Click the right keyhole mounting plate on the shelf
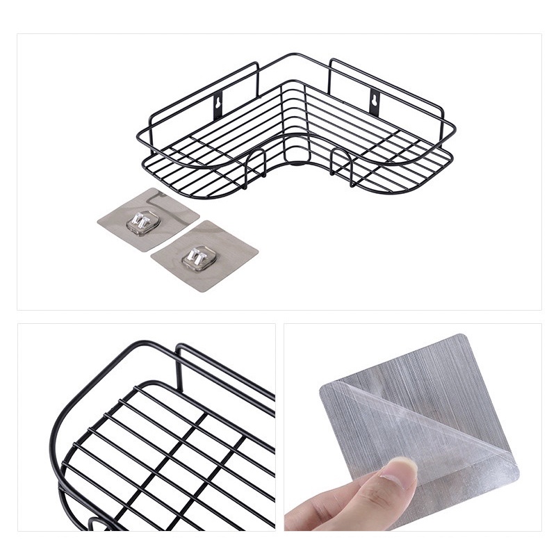point(376,103)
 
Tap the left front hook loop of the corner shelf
point(256,167)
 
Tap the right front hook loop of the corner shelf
point(342,165)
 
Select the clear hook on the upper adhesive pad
point(142,222)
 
